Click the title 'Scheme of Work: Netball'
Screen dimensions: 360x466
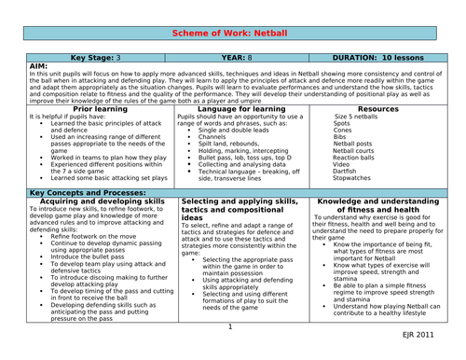point(232,33)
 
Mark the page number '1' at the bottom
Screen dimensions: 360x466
point(230,327)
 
